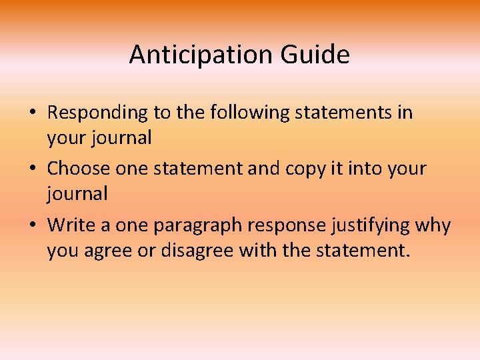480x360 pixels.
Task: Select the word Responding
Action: click(97, 113)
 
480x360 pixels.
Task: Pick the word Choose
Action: click(79, 169)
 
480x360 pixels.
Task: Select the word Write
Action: click(69, 225)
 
